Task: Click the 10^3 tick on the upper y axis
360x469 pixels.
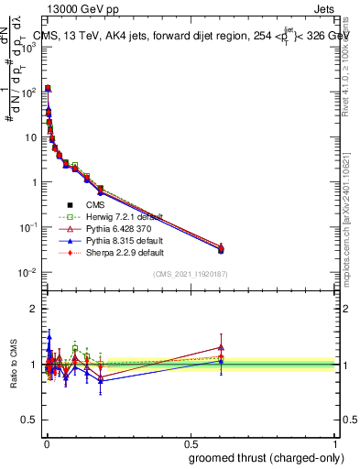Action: pyautogui.click(x=27, y=48)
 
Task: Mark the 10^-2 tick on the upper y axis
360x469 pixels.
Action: pyautogui.click(x=27, y=272)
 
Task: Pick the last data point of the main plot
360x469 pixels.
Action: pyautogui.click(x=221, y=248)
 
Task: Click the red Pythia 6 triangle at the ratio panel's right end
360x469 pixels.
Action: pyautogui.click(x=221, y=347)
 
